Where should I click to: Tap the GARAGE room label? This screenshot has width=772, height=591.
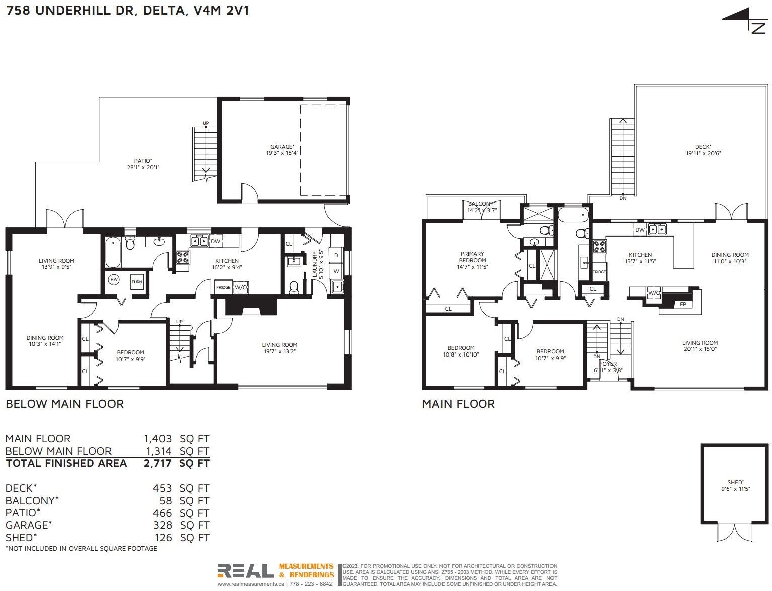pyautogui.click(x=282, y=146)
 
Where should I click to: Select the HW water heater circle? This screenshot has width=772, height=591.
pyautogui.click(x=114, y=280)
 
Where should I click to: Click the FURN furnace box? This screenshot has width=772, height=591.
pyautogui.click(x=137, y=282)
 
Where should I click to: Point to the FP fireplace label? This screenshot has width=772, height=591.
pyautogui.click(x=683, y=304)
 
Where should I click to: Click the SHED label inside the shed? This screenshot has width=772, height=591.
pyautogui.click(x=735, y=482)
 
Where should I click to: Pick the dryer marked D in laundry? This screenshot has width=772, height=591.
pyautogui.click(x=336, y=255)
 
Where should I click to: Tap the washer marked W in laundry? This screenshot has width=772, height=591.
pyautogui.click(x=336, y=271)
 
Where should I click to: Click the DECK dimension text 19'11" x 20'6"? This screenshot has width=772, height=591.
pyautogui.click(x=703, y=154)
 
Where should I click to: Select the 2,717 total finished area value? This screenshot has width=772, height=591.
pyautogui.click(x=158, y=463)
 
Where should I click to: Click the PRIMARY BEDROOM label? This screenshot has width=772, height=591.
pyautogui.click(x=472, y=257)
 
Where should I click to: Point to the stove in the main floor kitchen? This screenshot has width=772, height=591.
pyautogui.click(x=599, y=246)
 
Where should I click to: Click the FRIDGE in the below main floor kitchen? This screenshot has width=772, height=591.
pyautogui.click(x=223, y=287)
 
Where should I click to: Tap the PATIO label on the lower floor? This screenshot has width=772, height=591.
pyautogui.click(x=143, y=161)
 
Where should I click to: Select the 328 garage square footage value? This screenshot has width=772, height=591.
pyautogui.click(x=163, y=525)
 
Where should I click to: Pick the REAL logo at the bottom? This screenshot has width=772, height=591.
pyautogui.click(x=246, y=570)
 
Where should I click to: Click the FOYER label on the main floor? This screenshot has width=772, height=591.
pyautogui.click(x=608, y=364)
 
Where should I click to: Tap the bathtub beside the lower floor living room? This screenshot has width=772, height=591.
pyautogui.click(x=113, y=252)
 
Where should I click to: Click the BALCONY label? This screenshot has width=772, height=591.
pyautogui.click(x=481, y=204)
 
